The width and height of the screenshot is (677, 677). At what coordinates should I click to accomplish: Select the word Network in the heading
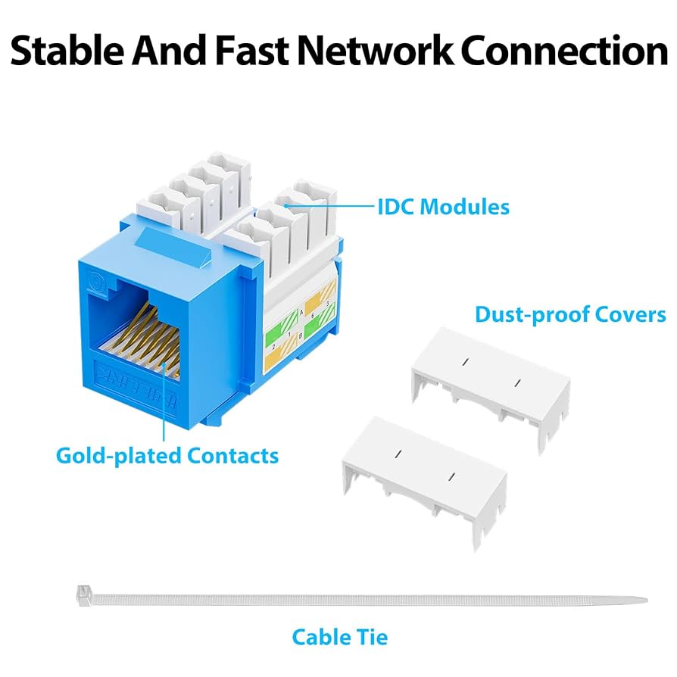pos(375,51)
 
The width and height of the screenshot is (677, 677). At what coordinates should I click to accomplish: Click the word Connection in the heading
pos(563,51)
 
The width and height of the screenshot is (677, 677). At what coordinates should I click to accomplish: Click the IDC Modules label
pos(443,206)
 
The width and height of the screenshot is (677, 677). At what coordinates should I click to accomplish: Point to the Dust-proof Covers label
pos(570,314)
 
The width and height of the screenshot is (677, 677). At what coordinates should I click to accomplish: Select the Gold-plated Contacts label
pos(167,456)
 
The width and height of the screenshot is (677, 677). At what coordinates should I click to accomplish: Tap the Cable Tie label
pos(340,637)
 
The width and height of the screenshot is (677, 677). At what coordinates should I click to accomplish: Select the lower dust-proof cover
pos(423,481)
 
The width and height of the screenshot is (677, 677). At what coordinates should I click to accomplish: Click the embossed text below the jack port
pos(129,379)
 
